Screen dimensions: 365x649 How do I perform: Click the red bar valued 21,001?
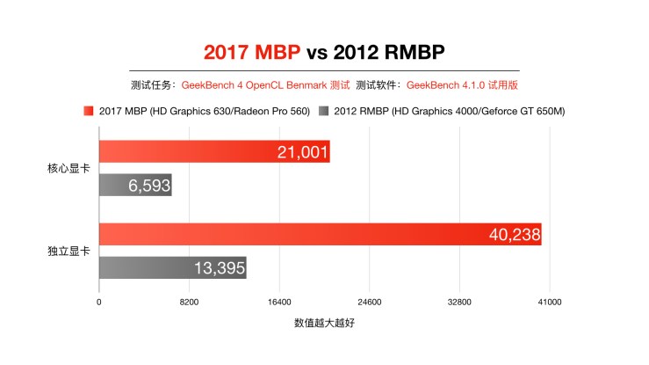coord(214,152)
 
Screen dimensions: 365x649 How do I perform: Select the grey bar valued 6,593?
coord(135,185)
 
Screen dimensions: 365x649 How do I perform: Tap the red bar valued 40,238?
coord(320,235)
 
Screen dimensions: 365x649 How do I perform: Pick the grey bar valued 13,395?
coord(172,267)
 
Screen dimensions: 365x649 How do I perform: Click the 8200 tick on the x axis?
coord(189,302)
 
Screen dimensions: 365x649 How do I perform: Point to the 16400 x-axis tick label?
coord(279,302)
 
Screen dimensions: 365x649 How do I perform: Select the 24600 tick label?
coord(369,302)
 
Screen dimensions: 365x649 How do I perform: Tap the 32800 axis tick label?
coord(459,302)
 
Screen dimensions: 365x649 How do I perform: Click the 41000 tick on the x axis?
coord(550,302)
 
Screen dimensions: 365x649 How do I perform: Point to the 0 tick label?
coord(99,302)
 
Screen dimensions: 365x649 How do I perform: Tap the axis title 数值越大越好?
coord(324,324)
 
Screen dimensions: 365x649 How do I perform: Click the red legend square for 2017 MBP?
coord(89,111)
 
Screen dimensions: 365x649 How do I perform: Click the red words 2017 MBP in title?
coord(253,51)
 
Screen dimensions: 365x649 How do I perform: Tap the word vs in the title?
coord(317,51)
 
